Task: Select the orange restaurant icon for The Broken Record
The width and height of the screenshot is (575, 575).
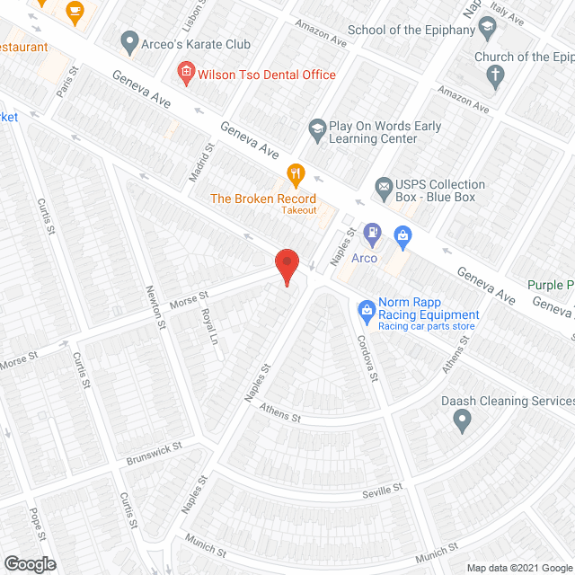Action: pyautogui.click(x=295, y=172)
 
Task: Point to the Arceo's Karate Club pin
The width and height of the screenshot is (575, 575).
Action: pyautogui.click(x=129, y=41)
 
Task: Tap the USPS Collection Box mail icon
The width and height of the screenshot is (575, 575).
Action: pyautogui.click(x=385, y=190)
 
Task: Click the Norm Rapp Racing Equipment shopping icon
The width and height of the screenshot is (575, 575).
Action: pyautogui.click(x=366, y=310)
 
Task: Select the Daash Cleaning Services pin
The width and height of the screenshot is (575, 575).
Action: pyautogui.click(x=462, y=419)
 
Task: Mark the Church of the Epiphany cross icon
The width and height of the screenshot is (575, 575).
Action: pyautogui.click(x=494, y=75)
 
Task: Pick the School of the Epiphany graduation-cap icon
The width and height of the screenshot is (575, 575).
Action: pyautogui.click(x=487, y=27)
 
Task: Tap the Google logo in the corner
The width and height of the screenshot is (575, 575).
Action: pyautogui.click(x=29, y=563)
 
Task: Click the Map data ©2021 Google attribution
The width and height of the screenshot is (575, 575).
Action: pyautogui.click(x=518, y=567)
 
